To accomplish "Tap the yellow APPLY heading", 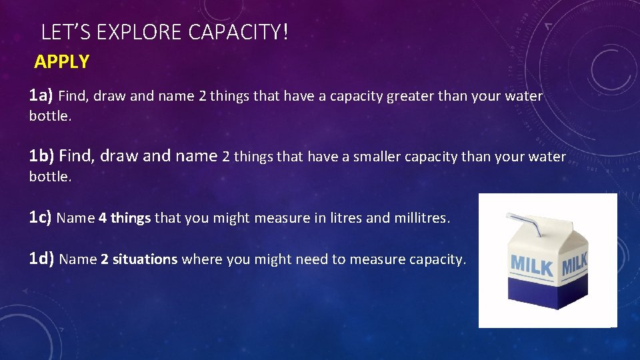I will pos(61,62).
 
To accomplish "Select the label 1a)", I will pos(41,96).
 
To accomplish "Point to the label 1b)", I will pos(42,157).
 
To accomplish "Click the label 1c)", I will pos(41,217).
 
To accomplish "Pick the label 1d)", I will pos(42,259).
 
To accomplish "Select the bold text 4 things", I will pos(125,218).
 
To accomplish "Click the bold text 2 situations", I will pos(139,259).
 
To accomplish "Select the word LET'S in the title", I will pos(65,32).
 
